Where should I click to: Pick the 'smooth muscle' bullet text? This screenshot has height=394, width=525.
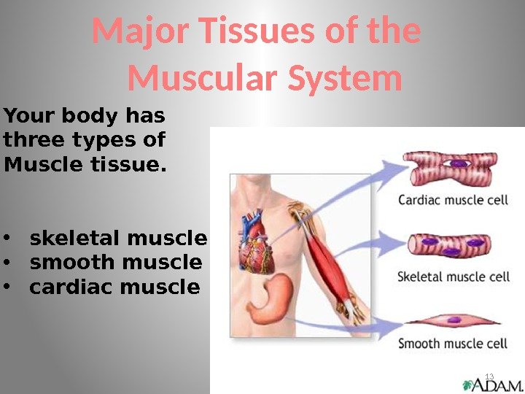pos(115,263)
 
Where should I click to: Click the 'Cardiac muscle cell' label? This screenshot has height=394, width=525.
pos(453,199)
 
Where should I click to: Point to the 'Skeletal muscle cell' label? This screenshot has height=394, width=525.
pos(453,277)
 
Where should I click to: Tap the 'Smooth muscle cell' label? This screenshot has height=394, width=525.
pos(453,342)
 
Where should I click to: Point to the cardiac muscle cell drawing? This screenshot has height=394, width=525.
pos(452,166)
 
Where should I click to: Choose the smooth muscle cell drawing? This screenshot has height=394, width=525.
pos(452,319)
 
